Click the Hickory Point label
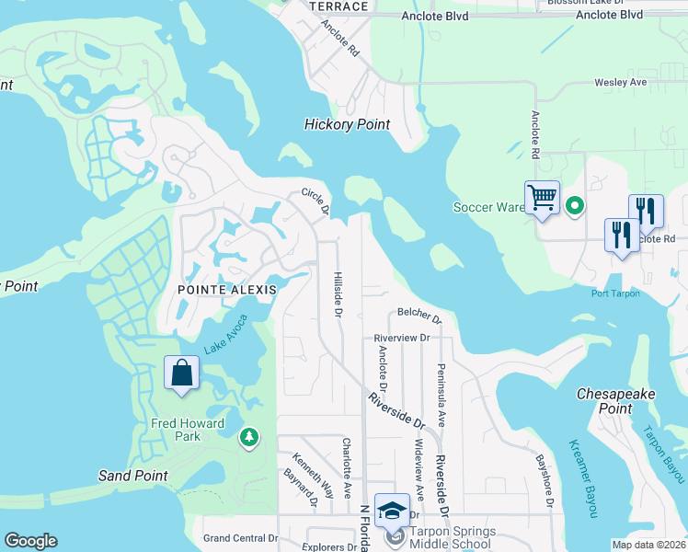click(348, 124)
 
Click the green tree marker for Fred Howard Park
click(248, 436)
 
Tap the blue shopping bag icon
click(181, 374)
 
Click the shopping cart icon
click(542, 197)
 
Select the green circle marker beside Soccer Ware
click(575, 206)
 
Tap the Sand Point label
click(133, 476)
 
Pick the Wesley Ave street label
click(620, 83)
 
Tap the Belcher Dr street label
click(419, 316)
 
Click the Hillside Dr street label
click(338, 294)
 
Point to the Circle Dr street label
click(315, 201)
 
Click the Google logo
click(30, 541)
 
